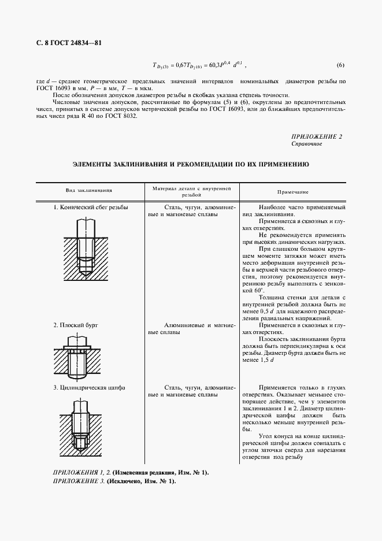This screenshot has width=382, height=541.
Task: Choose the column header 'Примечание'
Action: [x=292, y=191]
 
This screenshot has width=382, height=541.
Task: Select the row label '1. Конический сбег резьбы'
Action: [x=91, y=207]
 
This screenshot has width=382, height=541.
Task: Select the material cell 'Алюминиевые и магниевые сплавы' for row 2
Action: [x=191, y=329]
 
